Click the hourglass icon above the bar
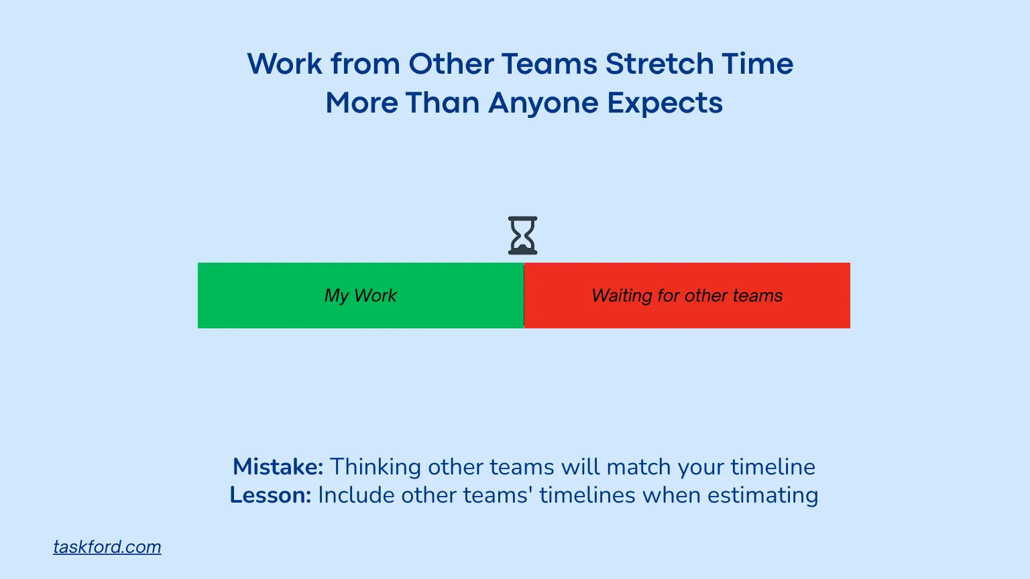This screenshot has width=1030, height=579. (522, 235)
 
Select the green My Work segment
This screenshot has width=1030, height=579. (361, 296)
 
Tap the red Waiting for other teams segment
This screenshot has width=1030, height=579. (687, 296)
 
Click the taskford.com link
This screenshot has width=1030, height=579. (107, 547)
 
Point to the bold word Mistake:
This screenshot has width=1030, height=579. (278, 466)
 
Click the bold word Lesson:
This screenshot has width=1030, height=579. (270, 495)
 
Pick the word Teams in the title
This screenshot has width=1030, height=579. (549, 64)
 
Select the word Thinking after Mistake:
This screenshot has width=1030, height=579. (375, 466)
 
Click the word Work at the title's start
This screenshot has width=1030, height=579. (285, 64)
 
